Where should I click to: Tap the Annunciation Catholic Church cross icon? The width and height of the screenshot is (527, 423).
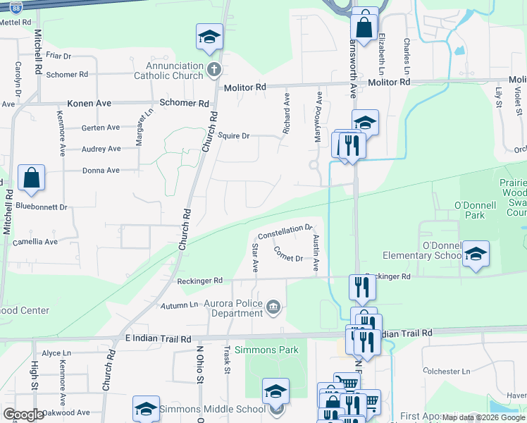tap(215, 69)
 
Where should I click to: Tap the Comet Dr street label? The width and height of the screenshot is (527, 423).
tap(288, 254)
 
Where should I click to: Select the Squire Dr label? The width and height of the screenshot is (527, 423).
tap(235, 135)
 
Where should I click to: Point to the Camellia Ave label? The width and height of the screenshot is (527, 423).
tap(35, 242)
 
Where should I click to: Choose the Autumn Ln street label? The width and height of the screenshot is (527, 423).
tap(179, 305)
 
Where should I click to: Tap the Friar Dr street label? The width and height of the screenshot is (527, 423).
tap(58, 56)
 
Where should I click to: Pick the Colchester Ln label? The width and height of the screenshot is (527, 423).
tap(445, 371)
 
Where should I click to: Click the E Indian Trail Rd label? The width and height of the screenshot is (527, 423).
tap(152, 338)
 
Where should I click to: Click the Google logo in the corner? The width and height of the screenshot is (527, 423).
tap(23, 415)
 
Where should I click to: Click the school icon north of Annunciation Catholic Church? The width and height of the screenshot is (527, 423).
tap(209, 37)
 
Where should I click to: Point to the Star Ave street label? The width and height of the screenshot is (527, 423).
tap(255, 259)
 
